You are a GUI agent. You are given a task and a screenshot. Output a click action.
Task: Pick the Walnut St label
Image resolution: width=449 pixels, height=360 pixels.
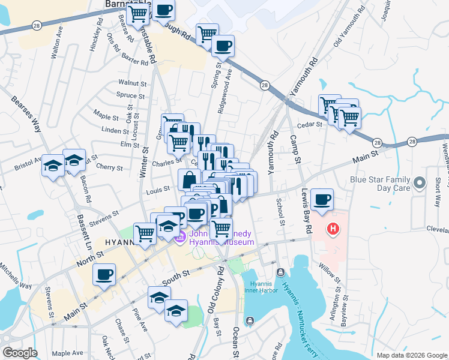click(x=132, y=83)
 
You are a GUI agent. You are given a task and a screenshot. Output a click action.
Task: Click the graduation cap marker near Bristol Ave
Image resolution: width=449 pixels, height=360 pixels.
click(x=53, y=165)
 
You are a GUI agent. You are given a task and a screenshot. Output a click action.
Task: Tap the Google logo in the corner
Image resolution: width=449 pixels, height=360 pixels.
click(x=20, y=353)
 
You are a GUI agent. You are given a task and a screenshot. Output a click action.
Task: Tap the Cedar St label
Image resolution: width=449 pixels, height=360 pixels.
click(x=310, y=124)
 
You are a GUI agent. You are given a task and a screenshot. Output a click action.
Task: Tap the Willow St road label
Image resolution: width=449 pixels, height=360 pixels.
click(x=330, y=273)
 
